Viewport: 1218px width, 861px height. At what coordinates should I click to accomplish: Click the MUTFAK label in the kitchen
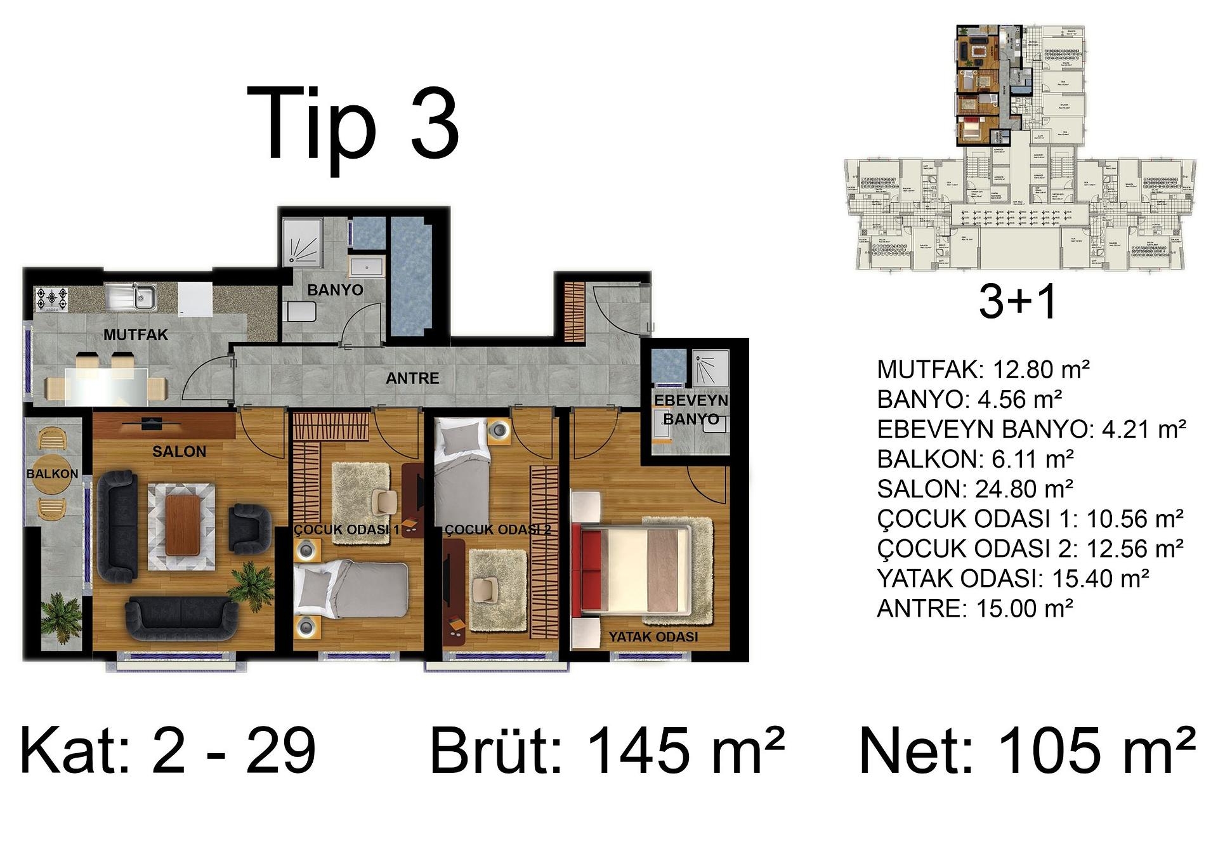tap(136, 334)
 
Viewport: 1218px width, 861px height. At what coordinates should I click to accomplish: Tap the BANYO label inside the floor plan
tap(335, 290)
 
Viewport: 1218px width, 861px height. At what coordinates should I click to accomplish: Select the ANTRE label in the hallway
tap(412, 378)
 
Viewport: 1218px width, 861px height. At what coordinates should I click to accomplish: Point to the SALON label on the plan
tap(179, 452)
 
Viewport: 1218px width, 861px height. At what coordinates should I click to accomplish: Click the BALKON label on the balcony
tap(52, 474)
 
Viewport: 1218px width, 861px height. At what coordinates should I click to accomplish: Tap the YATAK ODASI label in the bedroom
tap(653, 636)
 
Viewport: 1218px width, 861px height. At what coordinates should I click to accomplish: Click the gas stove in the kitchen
tap(51, 299)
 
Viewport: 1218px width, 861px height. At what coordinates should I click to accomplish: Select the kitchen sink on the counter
tap(131, 297)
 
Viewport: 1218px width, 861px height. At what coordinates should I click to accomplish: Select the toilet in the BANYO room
tap(301, 312)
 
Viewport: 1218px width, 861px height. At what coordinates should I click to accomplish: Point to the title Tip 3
tap(353, 124)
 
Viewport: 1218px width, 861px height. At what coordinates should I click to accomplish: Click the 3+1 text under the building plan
tap(1018, 301)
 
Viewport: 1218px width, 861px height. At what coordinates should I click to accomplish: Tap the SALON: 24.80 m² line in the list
tap(975, 489)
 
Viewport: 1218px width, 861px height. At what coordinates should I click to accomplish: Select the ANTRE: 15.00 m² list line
tap(975, 608)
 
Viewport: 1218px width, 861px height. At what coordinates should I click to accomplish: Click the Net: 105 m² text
tap(1026, 751)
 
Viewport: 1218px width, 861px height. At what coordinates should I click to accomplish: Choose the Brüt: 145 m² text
tap(606, 751)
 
